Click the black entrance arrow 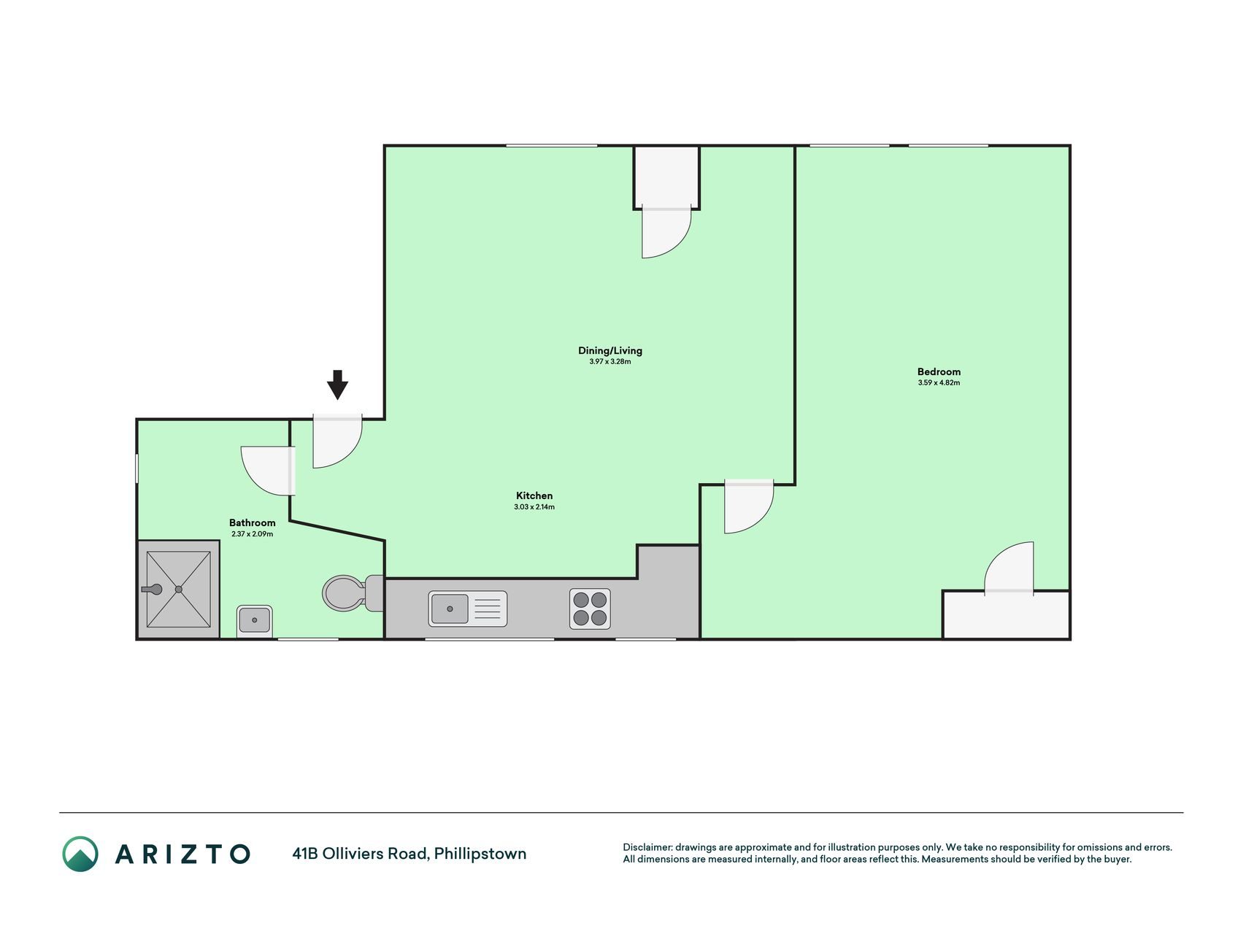337,385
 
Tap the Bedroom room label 939,371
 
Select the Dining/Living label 610,351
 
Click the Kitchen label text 534,495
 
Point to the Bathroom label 253,522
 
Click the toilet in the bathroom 353,593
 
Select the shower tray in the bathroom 178,589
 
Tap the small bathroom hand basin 254,620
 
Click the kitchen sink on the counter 468,609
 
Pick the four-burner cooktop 590,609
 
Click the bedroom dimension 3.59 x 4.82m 939,382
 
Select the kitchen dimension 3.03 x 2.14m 534,506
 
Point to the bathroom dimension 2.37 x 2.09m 253,534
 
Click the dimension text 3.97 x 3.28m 610,362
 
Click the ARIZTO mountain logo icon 80,854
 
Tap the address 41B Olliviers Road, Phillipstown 409,854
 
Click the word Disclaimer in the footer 647,847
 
